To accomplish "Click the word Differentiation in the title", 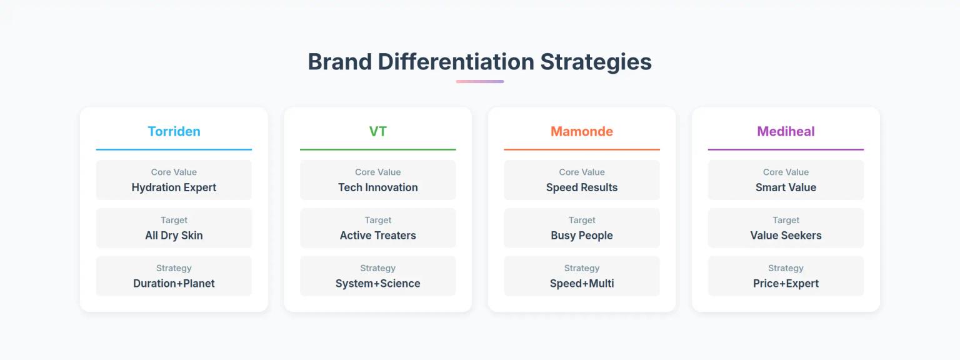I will [456, 62].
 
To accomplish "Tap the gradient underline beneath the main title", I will [479, 81].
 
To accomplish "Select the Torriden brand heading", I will [174, 131].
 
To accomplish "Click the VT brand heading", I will [377, 131].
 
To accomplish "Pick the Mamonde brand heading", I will [581, 131].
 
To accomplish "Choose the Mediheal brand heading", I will [786, 131].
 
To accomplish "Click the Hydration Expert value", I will [174, 187].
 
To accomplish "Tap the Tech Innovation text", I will [377, 187].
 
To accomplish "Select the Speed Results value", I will [581, 187].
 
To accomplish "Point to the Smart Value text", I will [786, 187].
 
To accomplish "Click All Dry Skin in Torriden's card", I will [174, 236].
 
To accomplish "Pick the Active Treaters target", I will [377, 236].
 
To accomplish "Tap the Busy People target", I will [581, 236].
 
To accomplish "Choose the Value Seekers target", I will [786, 236].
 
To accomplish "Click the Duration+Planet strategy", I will [174, 284].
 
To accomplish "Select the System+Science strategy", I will [377, 284].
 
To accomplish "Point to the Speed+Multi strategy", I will [581, 284].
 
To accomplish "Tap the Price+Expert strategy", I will [786, 284].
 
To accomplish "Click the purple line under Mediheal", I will [786, 149].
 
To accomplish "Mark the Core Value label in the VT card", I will [377, 172].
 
